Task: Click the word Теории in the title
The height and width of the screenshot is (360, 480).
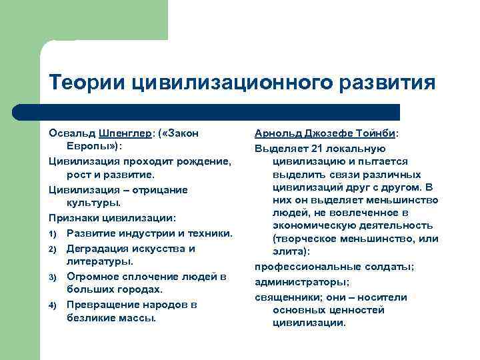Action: [87, 83]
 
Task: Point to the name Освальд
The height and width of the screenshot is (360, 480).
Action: [71, 133]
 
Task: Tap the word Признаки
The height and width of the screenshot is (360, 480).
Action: [71, 218]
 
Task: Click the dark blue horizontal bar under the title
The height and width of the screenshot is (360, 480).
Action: [220, 112]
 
